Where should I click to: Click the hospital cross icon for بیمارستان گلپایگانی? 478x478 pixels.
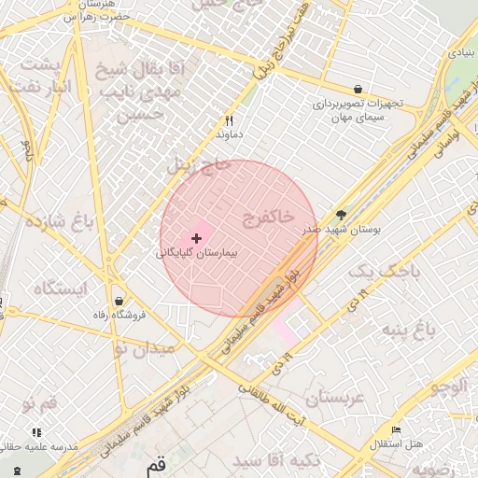195,239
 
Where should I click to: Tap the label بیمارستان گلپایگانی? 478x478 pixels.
197,253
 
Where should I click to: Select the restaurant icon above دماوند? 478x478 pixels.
229,120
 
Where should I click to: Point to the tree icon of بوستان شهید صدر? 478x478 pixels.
340,214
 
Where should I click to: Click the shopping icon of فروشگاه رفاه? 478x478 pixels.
119,300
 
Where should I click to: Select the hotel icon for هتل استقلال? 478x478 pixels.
397,430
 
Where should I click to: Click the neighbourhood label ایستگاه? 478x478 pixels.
60,288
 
